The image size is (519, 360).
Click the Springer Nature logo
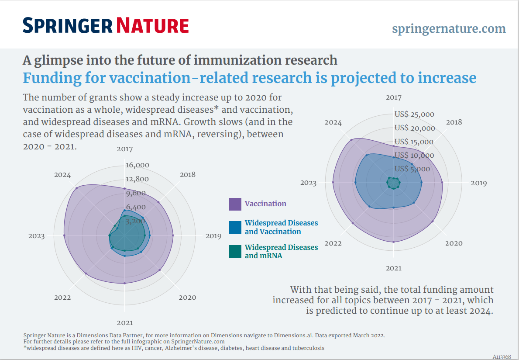tap(106, 25)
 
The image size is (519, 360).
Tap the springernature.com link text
tap(449, 29)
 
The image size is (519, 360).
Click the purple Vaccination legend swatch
tap(235, 204)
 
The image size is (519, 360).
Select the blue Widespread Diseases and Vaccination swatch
tap(235, 227)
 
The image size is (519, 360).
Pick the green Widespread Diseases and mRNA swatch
tap(235, 251)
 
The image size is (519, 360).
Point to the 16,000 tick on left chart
tap(137, 165)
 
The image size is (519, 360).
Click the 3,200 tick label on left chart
tap(135, 221)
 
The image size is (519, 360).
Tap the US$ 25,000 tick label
tap(414, 114)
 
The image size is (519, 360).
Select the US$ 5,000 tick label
tap(412, 169)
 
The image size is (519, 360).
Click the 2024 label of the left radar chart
tap(62, 175)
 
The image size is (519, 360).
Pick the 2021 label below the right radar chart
tap(393, 268)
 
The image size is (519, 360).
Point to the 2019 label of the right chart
tap(478, 183)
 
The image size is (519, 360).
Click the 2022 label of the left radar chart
tap(62, 298)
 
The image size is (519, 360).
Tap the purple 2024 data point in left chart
tap(76, 188)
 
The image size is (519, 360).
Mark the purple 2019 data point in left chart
tap(173, 235)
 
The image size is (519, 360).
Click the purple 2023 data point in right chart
tap(333, 182)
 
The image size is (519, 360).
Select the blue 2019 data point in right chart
tap(422, 182)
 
